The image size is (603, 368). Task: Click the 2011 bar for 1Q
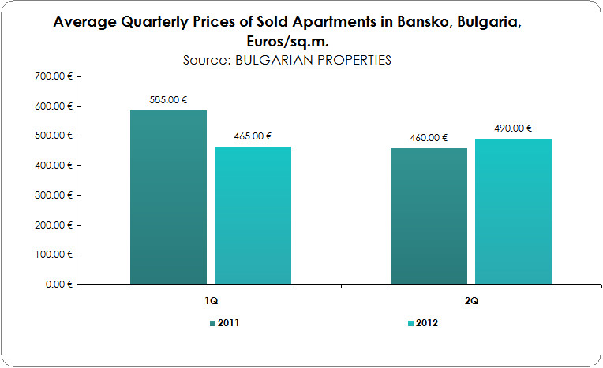pyautogui.click(x=168, y=197)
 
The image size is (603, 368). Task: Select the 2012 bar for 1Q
pyautogui.click(x=253, y=215)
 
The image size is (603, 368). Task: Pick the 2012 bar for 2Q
pyautogui.click(x=513, y=211)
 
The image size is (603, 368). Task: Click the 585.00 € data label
pyautogui.click(x=169, y=100)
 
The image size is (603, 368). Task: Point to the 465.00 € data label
pyautogui.click(x=253, y=136)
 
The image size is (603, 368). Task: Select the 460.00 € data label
pyautogui.click(x=429, y=138)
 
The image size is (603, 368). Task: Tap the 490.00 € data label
pyautogui.click(x=513, y=128)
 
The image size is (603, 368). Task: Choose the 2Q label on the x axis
pyautogui.click(x=471, y=301)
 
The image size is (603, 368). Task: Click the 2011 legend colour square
pyautogui.click(x=212, y=324)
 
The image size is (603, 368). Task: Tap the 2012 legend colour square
pyautogui.click(x=409, y=324)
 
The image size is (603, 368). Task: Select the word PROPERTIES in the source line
pyautogui.click(x=353, y=60)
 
